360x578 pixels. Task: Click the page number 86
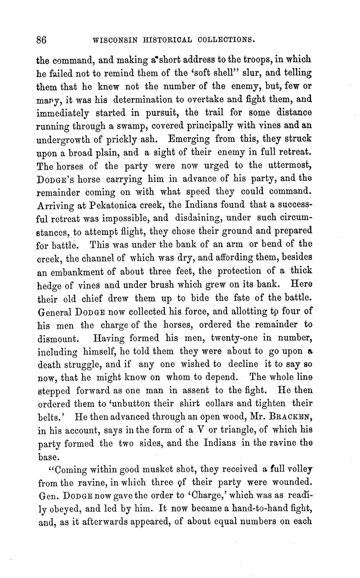click(x=41, y=40)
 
